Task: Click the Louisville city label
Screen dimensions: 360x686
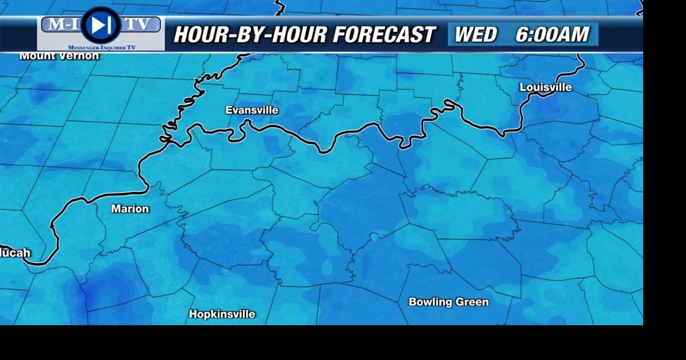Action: click(x=546, y=87)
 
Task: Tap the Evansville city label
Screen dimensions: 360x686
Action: click(x=252, y=110)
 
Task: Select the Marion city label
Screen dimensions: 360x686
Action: click(x=130, y=209)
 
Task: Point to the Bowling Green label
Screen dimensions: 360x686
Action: click(x=449, y=302)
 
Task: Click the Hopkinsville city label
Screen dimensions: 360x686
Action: click(x=222, y=314)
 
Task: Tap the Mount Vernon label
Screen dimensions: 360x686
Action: click(x=59, y=56)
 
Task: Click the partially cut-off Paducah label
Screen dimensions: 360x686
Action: click(x=15, y=253)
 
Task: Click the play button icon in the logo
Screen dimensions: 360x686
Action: click(x=100, y=25)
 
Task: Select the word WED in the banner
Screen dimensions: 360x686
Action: click(x=475, y=35)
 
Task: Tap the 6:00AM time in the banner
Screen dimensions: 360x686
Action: click(x=552, y=35)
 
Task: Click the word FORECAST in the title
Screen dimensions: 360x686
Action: click(x=383, y=35)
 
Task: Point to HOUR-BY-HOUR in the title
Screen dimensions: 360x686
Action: click(x=250, y=35)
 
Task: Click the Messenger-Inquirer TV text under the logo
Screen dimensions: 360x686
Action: click(x=102, y=48)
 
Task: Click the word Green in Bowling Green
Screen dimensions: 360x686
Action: click(x=472, y=302)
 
